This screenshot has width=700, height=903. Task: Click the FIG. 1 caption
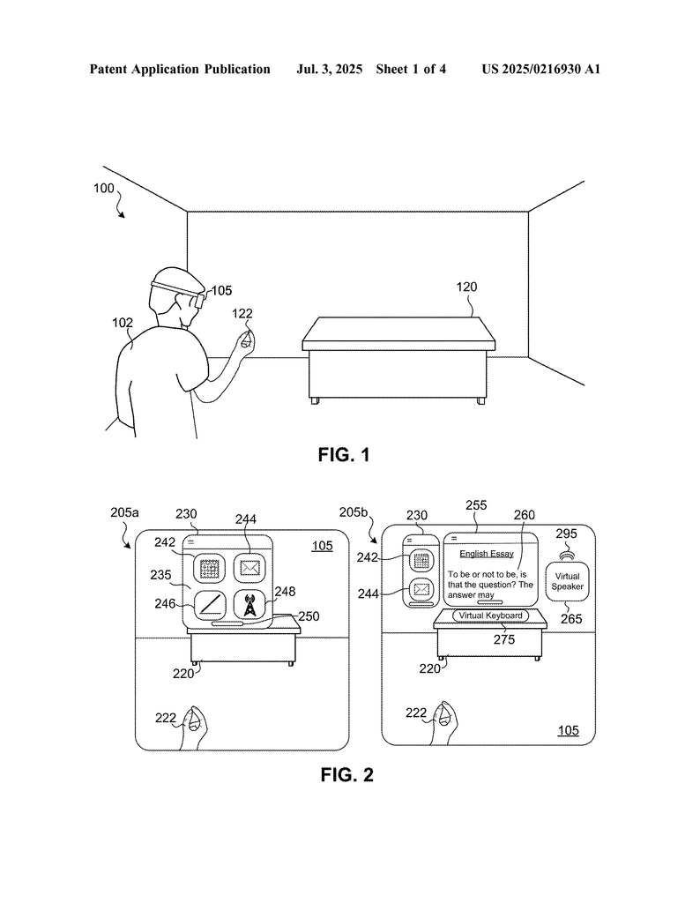coord(344,455)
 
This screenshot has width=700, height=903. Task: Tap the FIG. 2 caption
coord(347,774)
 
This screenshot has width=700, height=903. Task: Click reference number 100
coord(104,189)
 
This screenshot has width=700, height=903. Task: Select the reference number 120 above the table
coord(466,287)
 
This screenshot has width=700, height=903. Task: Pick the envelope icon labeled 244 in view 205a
coord(249,568)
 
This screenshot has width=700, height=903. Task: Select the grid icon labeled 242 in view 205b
coord(421,560)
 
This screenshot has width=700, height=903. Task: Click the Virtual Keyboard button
coord(490,616)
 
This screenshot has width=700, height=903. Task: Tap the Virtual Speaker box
coord(567,582)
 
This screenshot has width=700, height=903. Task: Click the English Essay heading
coord(487,554)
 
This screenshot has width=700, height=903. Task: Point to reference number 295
coord(566,534)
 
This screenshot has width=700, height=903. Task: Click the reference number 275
coord(503,639)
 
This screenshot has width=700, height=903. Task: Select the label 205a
coord(124,512)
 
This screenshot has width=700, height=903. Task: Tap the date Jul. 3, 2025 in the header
coord(329,69)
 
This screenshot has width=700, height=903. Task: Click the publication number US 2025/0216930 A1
coord(541,69)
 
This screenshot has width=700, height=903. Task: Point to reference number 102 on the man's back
coord(122,323)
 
